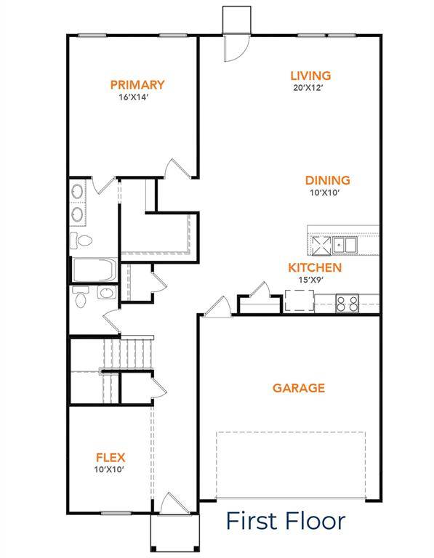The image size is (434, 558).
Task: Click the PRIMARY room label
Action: coord(137,85)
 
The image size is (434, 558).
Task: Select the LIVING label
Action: coord(310,76)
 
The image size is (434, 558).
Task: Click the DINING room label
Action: coord(327,180)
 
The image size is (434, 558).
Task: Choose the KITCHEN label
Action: coord(315,267)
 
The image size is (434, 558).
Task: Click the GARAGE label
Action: coord(298,388)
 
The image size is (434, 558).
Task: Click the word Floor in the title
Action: coord(315,521)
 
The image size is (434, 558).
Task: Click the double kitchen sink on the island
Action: coord(344,245)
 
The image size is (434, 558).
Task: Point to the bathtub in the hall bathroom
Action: coord(94,271)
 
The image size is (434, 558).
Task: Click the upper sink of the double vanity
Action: coord(77,193)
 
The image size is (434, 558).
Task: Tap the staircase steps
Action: coord(133,354)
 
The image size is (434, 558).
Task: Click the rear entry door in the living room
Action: coord(236,46)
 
